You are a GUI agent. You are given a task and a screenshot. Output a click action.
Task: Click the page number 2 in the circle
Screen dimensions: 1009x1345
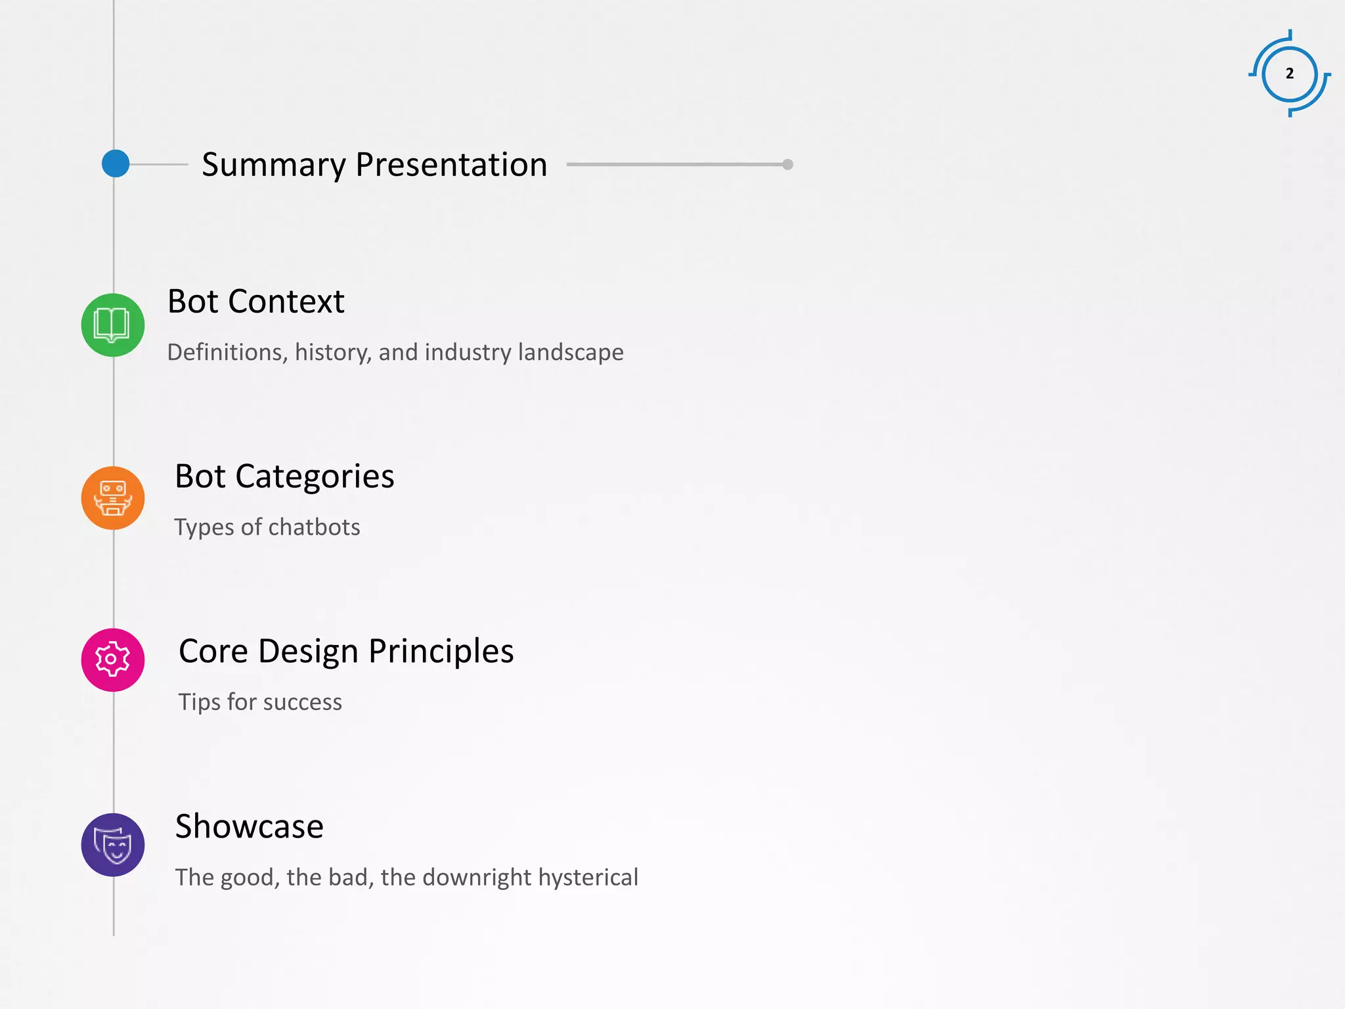click(1290, 74)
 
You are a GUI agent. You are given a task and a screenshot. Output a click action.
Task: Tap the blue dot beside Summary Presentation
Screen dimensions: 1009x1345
click(116, 164)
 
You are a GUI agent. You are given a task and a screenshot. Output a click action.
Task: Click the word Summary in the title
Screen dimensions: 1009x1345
click(273, 165)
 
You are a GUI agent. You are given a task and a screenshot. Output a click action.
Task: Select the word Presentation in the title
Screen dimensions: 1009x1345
click(451, 165)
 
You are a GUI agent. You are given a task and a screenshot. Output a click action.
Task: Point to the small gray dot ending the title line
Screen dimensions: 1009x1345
click(787, 164)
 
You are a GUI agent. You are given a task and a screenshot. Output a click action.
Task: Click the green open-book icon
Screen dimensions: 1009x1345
click(113, 325)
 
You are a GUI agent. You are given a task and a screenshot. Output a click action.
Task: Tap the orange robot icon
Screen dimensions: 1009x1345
click(113, 498)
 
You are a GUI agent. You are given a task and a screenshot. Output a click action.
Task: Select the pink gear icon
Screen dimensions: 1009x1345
click(113, 660)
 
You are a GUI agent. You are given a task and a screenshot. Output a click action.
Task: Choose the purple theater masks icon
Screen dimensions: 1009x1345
click(113, 845)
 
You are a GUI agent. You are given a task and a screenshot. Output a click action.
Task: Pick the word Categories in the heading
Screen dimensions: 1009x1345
click(315, 476)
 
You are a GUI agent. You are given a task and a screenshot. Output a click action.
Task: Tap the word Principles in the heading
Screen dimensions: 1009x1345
click(441, 652)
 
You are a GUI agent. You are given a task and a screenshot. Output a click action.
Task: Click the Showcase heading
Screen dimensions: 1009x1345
click(249, 826)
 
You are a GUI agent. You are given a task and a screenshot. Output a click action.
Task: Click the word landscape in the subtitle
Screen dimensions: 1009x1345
click(570, 353)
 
